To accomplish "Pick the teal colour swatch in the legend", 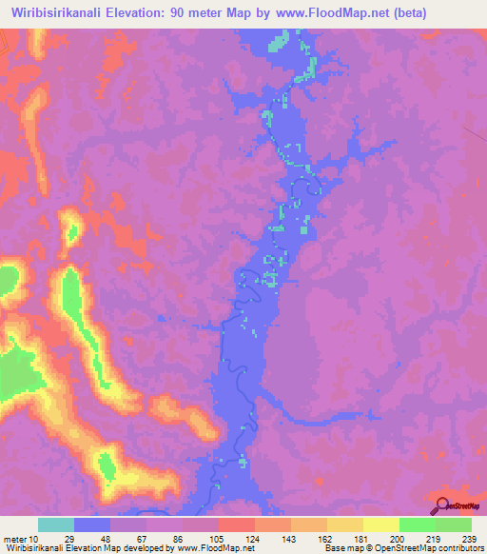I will click(56, 524).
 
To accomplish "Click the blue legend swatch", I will click(92, 524).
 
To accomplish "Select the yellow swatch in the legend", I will click(380, 524).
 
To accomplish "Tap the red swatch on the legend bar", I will click(236, 524).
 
